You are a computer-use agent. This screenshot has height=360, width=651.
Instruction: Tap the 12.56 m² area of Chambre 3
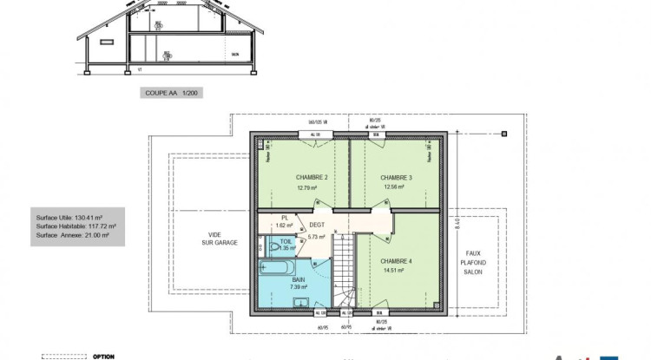click(396, 187)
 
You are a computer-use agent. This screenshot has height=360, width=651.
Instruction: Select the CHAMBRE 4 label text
click(396, 261)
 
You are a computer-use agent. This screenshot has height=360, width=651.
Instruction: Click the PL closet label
click(284, 219)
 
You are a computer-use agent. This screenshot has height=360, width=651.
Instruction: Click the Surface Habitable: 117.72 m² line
click(76, 226)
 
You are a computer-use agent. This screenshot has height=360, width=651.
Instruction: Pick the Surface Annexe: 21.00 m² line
click(76, 235)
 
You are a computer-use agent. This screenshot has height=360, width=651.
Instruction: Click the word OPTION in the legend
click(103, 356)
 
